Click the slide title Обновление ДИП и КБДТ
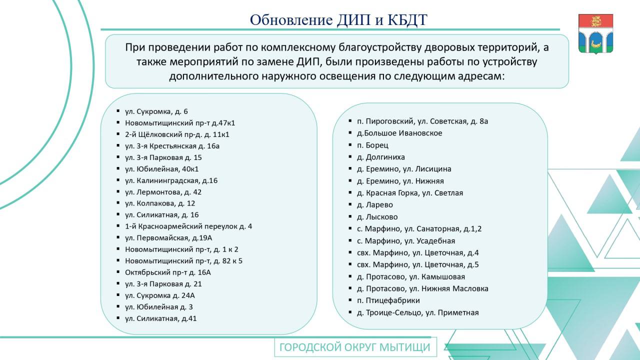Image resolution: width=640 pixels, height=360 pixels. click(338, 19)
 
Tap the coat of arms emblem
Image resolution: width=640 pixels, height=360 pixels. click(595, 33)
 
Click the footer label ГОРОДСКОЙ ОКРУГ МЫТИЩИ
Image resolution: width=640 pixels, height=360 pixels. click(355, 347)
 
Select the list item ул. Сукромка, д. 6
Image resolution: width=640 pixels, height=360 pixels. click(156, 111)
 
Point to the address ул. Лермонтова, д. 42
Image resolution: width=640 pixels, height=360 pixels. click(163, 192)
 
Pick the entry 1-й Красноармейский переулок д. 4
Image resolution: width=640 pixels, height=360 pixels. click(188, 226)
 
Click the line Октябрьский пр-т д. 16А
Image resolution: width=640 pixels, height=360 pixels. click(168, 272)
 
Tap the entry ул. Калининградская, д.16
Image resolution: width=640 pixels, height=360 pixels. click(171, 180)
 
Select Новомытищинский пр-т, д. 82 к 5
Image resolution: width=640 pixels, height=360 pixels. click(183, 261)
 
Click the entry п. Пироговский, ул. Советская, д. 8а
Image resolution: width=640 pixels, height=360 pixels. click(422, 121)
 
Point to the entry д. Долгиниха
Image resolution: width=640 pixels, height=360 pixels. click(381, 157)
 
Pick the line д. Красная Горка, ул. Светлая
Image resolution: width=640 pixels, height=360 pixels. click(410, 193)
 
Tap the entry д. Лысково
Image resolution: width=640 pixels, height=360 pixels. click(377, 217)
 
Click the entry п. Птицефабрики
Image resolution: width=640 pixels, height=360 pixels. click(388, 300)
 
